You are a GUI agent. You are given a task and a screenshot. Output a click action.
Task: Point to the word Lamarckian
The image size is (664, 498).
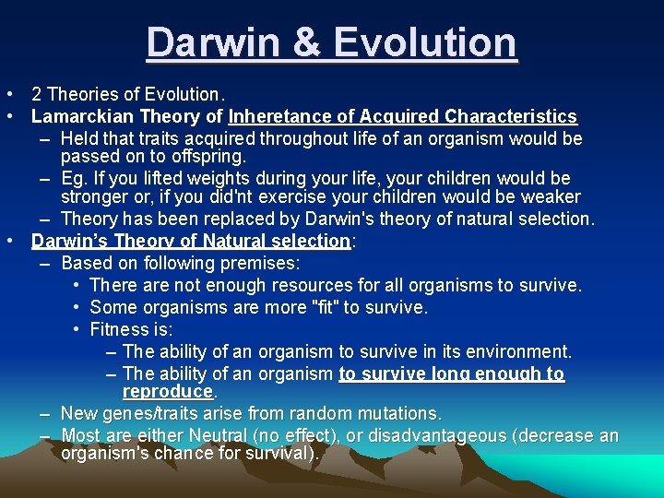click(78, 116)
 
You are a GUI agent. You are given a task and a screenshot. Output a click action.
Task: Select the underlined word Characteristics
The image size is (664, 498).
click(511, 116)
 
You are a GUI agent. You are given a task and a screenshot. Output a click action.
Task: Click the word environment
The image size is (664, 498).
click(522, 351)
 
